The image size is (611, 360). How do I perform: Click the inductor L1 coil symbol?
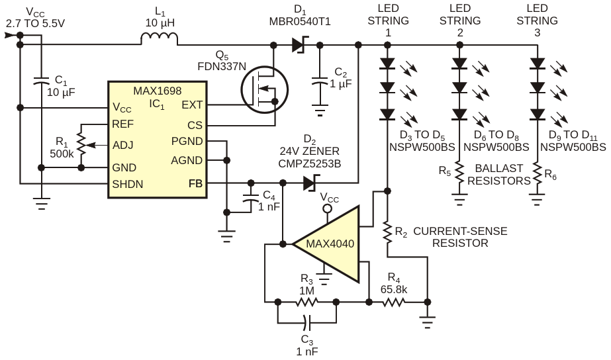click(159, 38)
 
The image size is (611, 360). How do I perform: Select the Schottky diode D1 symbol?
click(299, 45)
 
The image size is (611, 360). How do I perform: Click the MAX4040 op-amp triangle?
click(326, 244)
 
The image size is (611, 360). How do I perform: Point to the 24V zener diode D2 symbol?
click(311, 183)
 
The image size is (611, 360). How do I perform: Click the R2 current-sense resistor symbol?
click(387, 232)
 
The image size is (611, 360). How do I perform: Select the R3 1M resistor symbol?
click(307, 302)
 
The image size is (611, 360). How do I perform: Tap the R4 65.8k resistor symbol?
click(394, 302)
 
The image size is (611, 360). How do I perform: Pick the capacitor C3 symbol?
click(307, 322)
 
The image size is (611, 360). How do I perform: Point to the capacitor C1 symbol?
click(41, 81)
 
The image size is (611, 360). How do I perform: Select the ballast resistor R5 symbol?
click(460, 173)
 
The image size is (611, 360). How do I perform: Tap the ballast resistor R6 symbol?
click(537, 173)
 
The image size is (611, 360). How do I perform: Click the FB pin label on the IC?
click(196, 183)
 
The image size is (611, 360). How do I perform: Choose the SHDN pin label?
click(127, 184)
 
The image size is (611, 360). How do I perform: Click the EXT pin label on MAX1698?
click(192, 105)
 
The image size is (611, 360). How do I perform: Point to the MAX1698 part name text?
click(158, 91)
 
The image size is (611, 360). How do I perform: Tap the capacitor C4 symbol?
click(251, 197)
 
